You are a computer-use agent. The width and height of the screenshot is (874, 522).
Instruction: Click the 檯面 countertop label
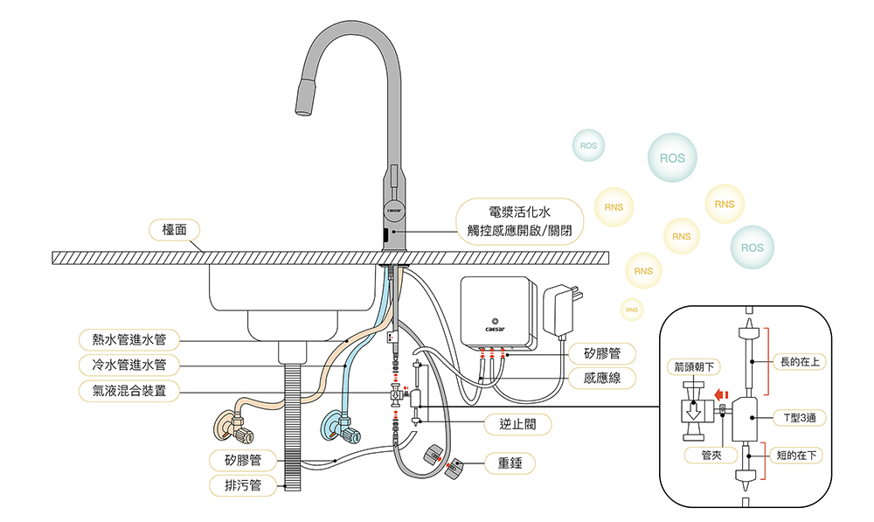coord(174,230)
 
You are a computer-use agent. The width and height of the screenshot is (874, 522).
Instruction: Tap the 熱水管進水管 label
coord(128,339)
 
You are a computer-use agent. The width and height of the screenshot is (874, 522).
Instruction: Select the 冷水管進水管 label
coord(128,365)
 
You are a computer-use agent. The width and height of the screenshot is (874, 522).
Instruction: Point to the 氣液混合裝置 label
coord(128,390)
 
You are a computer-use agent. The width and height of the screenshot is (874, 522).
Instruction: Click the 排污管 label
coord(242,485)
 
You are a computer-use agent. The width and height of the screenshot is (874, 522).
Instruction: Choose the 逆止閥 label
coord(517,424)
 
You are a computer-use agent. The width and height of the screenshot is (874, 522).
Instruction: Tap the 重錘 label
coord(510,463)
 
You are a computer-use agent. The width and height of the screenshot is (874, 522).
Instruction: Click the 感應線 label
coord(602,378)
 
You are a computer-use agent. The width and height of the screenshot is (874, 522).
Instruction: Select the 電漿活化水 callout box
coord(519,221)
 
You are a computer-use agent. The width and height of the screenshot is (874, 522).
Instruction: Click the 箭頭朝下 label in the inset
coord(694,367)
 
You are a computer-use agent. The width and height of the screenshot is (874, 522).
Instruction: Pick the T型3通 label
coord(800,417)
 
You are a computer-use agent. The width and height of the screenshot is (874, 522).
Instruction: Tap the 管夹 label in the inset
coord(711,455)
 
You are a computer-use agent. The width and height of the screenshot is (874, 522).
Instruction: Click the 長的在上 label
coord(800,362)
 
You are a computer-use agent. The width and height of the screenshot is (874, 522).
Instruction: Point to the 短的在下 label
coord(796,455)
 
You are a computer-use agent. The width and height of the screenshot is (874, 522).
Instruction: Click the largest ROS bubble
coord(672,158)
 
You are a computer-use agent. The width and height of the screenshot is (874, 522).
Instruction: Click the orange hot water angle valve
coord(233,427)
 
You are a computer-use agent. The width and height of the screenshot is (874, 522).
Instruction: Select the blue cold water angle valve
coord(339,427)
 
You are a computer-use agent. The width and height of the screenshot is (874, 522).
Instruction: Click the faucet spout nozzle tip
coord(305,97)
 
